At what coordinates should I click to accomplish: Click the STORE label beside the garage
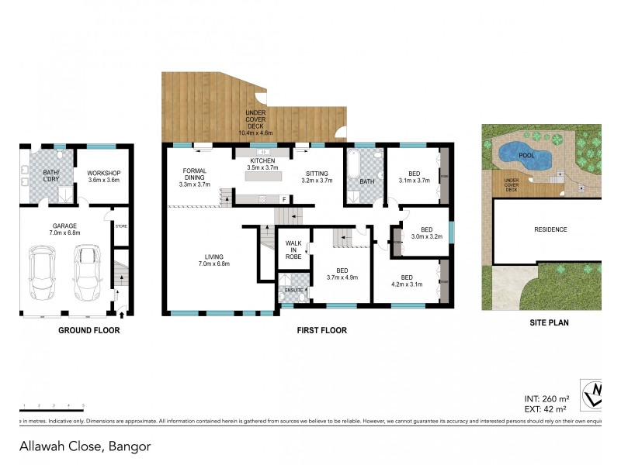click(x=120, y=226)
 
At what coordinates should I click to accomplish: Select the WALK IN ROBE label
click(x=293, y=248)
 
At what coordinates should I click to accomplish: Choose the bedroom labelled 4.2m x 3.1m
click(x=406, y=281)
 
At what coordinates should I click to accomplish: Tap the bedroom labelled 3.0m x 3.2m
click(x=426, y=232)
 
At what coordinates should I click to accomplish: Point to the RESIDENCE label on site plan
click(x=550, y=229)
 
